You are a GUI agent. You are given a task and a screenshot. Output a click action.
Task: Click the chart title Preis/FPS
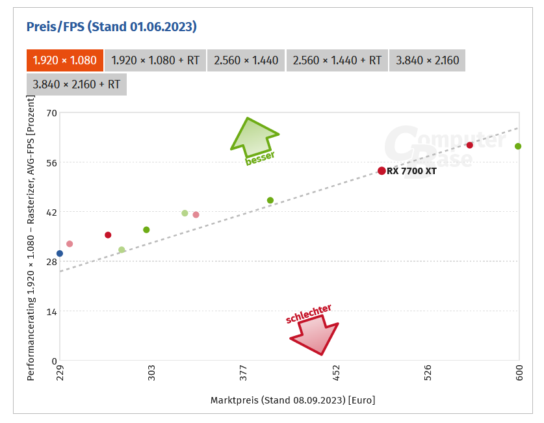111,27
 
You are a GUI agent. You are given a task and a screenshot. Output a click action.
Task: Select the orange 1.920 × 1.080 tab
64,60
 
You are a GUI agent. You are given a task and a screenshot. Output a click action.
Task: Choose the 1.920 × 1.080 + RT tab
155,60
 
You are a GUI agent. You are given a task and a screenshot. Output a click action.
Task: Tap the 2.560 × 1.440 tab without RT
246,60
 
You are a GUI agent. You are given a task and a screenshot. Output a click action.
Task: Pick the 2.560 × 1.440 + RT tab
337,60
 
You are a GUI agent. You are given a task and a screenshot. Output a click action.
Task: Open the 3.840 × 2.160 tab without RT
427,60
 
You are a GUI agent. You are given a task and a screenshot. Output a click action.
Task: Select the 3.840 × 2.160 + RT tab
76,84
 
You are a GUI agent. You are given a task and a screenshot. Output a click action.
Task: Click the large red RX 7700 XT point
382,171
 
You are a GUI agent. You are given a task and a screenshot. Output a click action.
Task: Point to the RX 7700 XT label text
411,172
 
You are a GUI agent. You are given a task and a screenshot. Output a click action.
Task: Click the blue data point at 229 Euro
60,253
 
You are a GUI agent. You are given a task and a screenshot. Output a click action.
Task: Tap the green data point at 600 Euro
518,146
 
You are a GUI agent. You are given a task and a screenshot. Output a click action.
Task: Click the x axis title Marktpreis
292,400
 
